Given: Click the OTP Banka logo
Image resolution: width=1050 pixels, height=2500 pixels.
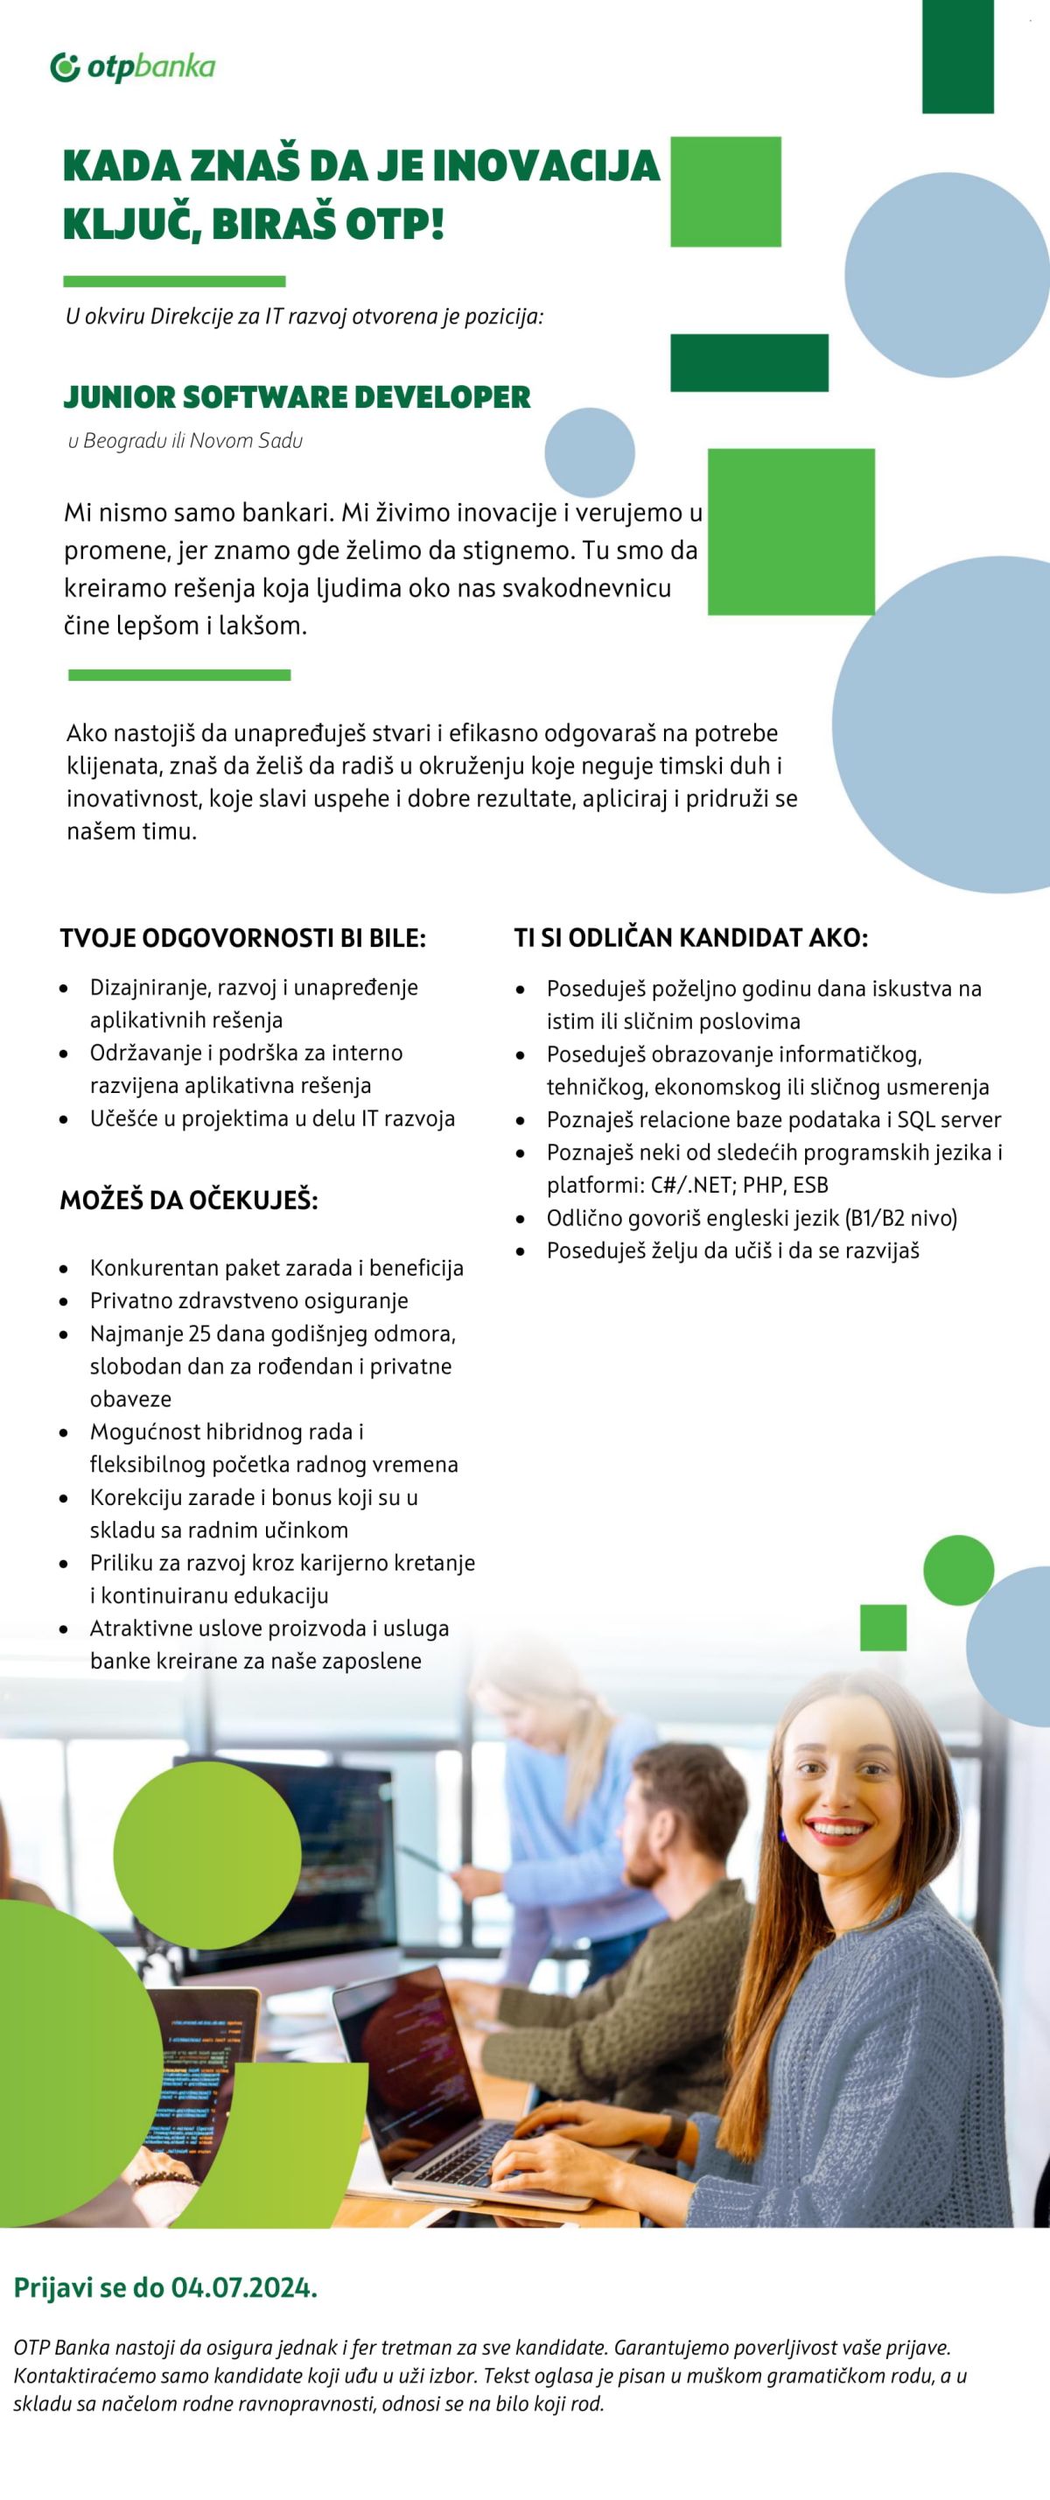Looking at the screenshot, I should (x=133, y=67).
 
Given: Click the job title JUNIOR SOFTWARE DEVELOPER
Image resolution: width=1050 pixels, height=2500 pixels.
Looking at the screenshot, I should (x=297, y=397).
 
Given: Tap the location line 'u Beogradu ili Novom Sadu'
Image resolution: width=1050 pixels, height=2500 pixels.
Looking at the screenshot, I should (x=185, y=441).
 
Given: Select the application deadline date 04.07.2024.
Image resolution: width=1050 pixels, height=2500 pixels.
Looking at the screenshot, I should (x=243, y=2287).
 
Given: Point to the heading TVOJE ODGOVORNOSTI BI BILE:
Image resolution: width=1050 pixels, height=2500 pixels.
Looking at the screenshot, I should (x=242, y=938).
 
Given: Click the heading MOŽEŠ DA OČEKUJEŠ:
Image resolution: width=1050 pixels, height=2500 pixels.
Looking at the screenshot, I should (x=189, y=1201).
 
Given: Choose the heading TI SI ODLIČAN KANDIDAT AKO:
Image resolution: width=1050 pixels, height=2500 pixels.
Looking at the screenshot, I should (x=690, y=937).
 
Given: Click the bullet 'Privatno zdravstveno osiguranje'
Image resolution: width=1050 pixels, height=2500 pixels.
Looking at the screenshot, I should (x=248, y=1300).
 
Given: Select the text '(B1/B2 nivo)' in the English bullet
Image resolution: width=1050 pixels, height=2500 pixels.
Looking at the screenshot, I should (x=900, y=1218).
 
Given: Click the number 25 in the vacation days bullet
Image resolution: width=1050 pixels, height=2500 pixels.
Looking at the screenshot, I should (x=199, y=1334).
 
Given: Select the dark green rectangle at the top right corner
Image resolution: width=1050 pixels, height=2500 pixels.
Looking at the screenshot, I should (x=957, y=56).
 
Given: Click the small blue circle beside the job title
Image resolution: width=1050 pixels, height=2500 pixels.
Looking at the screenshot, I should (x=589, y=452).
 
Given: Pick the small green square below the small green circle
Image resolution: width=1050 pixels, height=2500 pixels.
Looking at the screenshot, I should (x=882, y=1628).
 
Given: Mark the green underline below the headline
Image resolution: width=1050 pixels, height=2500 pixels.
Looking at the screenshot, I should (x=175, y=282).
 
